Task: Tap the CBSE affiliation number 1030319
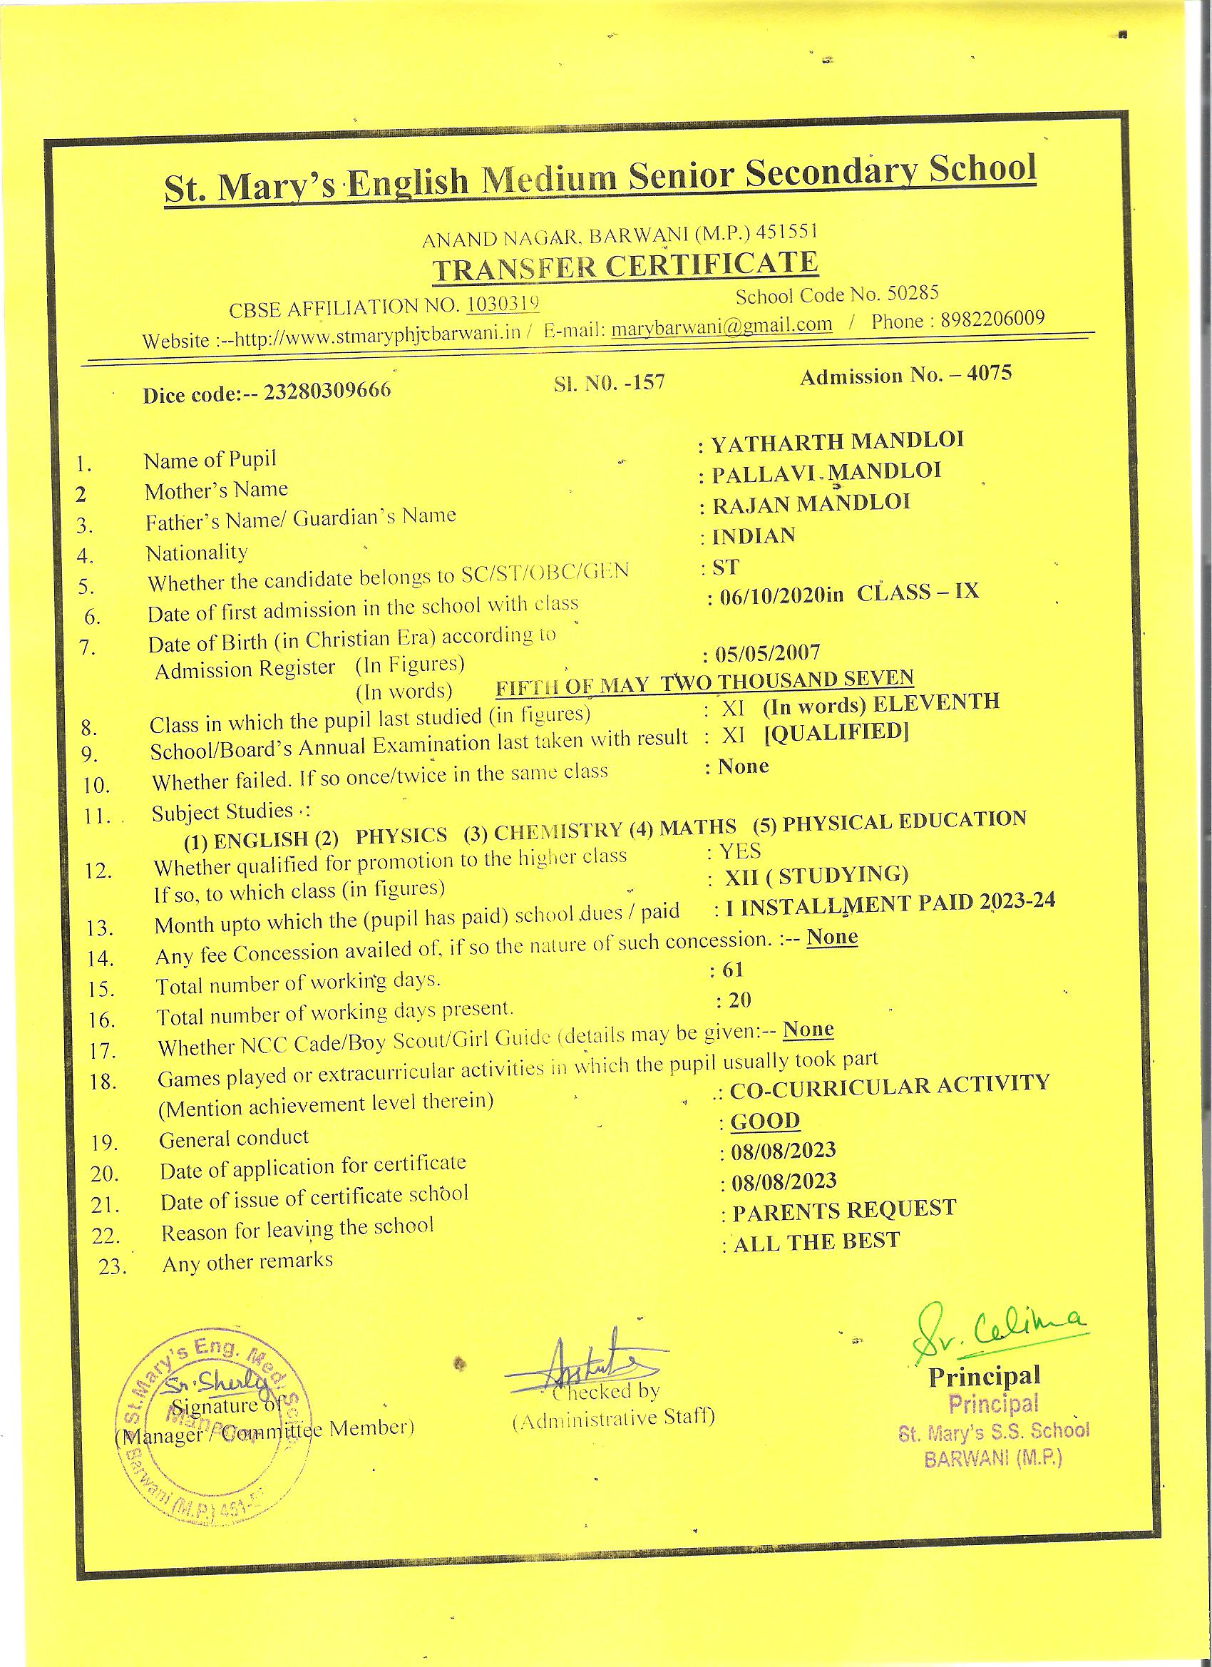tap(503, 304)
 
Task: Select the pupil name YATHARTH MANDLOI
tap(837, 441)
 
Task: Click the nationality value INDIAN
tap(754, 536)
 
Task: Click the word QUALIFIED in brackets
tap(836, 733)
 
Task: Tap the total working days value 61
tap(733, 971)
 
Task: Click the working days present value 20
tap(740, 1000)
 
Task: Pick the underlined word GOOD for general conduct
tap(765, 1121)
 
